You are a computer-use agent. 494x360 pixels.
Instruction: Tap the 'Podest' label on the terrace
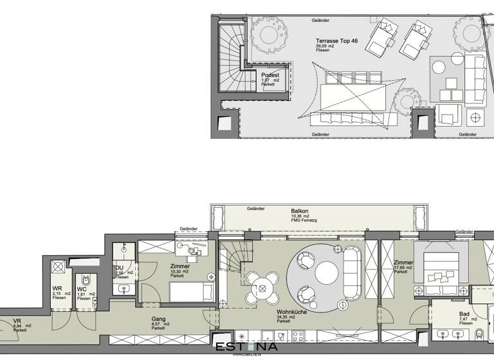[x=270, y=75]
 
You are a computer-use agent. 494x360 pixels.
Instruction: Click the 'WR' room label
[x=57, y=287]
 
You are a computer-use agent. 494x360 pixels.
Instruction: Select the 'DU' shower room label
[x=119, y=268]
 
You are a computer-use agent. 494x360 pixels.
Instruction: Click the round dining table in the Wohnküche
[x=261, y=288]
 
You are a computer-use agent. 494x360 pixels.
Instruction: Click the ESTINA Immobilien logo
[x=247, y=348]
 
